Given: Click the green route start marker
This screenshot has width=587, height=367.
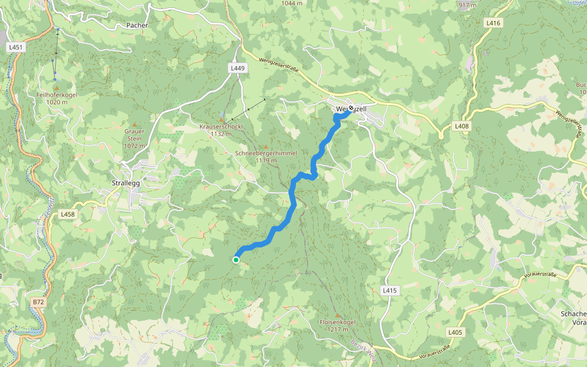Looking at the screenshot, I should (236, 260).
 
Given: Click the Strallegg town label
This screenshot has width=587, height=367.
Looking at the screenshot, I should (127, 183).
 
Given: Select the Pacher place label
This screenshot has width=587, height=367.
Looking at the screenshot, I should (137, 25).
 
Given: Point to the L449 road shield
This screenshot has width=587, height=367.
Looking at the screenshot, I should (238, 69).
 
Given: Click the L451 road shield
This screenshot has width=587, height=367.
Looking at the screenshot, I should (17, 47).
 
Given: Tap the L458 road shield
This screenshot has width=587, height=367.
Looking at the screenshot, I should (68, 215).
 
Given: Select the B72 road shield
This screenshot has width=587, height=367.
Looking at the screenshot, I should (39, 302).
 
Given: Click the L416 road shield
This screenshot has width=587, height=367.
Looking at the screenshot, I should (493, 23).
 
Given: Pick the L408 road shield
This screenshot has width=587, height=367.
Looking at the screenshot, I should (462, 126).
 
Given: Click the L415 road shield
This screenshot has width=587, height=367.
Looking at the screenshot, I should (390, 290).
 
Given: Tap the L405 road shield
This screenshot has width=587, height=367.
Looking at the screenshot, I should (455, 332).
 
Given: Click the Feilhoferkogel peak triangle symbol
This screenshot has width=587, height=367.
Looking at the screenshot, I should (56, 89).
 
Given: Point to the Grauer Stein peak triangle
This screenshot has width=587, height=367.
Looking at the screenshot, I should (135, 124).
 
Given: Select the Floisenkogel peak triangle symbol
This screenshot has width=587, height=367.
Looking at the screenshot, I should (337, 315).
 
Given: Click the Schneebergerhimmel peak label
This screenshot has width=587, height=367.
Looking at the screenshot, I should (265, 153).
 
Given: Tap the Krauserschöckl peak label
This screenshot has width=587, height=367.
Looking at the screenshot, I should (221, 127).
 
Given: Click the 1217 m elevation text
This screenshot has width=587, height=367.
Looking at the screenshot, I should (337, 330).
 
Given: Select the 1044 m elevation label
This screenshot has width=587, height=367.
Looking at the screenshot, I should (292, 3).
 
